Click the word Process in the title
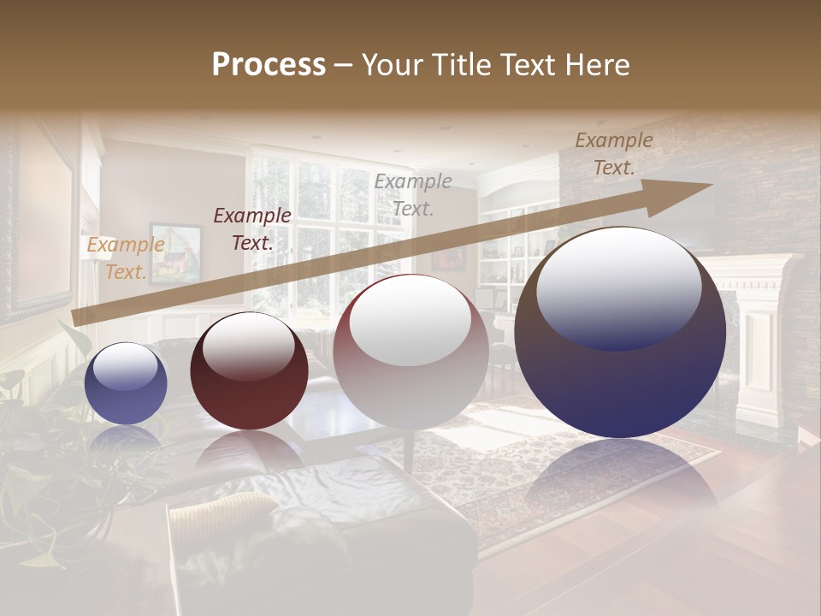(269, 65)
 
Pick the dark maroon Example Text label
(252, 229)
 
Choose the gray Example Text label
(413, 194)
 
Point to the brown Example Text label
(613, 154)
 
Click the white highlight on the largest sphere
(618, 287)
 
